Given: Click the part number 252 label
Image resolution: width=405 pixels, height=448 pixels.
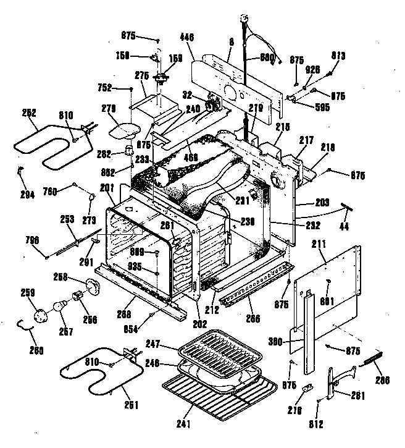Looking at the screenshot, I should pos(28,112).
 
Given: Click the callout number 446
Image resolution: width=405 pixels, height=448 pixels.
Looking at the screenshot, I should pos(187,37).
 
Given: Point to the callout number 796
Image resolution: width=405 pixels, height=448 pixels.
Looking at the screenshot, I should pos(31,240).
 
